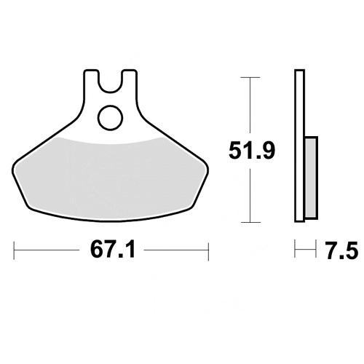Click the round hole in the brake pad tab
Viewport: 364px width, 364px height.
click(111, 117)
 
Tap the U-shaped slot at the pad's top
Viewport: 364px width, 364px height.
click(111, 82)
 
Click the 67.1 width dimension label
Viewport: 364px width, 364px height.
click(112, 250)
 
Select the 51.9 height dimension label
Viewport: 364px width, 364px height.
click(252, 151)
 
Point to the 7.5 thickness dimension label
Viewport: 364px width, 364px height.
click(341, 250)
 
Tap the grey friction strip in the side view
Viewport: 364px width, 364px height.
click(311, 178)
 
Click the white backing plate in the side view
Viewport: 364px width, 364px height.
click(299, 146)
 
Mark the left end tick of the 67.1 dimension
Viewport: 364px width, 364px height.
click(14, 250)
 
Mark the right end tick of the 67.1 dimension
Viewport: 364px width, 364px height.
click(208, 250)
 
